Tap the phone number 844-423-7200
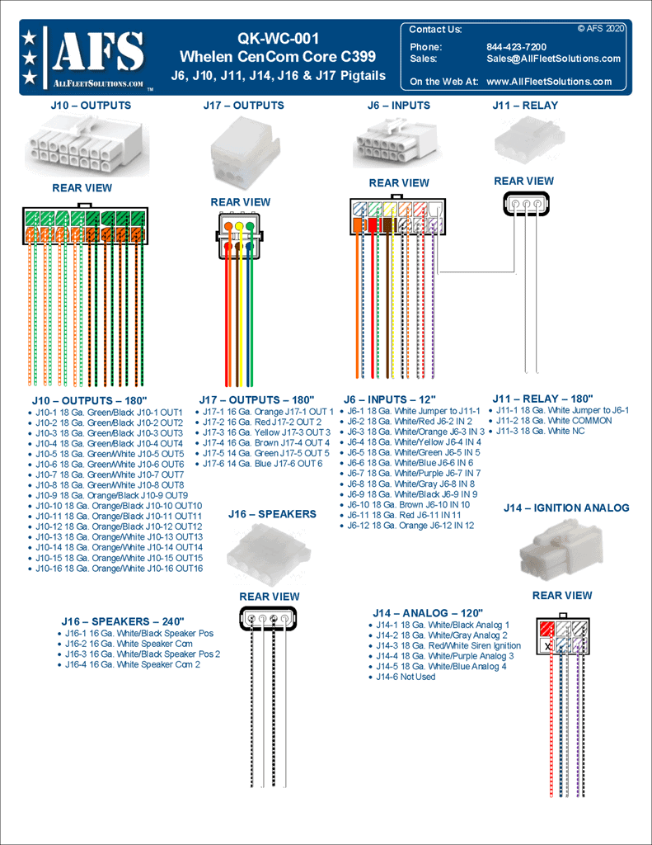516,47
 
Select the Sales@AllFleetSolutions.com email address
553,59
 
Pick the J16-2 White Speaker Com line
129,644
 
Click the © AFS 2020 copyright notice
601,28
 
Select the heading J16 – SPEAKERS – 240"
123,621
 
